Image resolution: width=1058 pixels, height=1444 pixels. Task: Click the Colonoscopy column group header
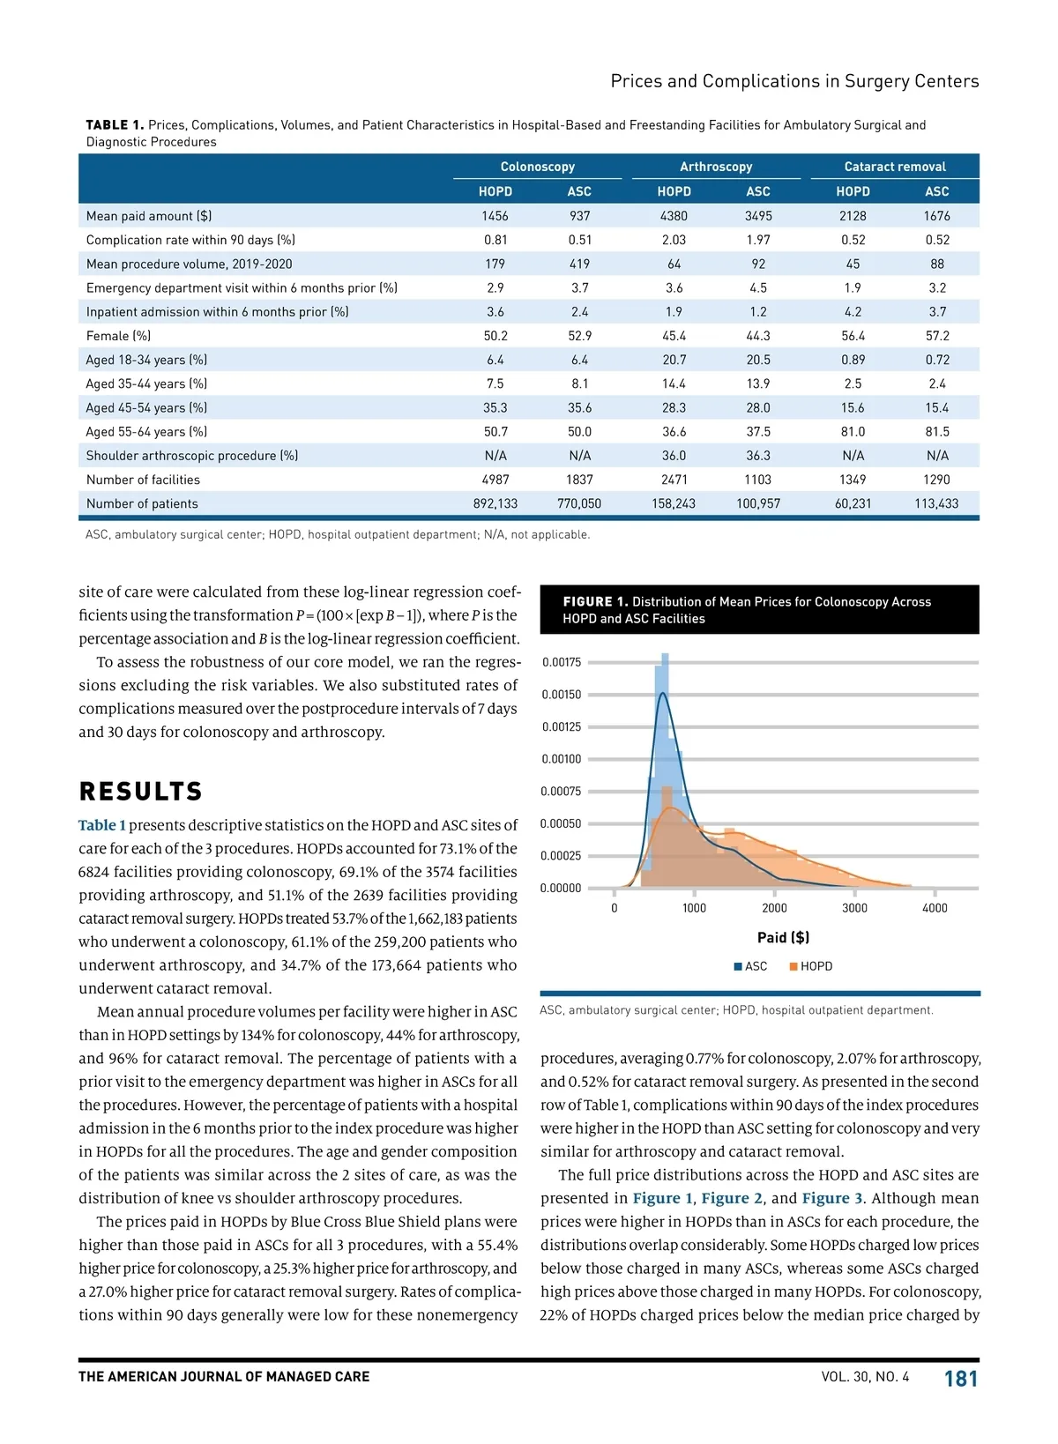point(537,167)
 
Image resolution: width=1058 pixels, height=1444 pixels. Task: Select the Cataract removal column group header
point(894,167)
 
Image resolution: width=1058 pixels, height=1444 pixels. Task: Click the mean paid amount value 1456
point(495,216)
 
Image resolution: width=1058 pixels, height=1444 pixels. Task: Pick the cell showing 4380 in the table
point(674,216)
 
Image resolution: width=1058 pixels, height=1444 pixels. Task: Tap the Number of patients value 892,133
point(495,503)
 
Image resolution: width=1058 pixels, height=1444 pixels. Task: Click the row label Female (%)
point(118,336)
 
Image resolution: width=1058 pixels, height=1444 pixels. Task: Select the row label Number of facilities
point(143,480)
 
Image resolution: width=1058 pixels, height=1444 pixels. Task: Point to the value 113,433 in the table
point(936,503)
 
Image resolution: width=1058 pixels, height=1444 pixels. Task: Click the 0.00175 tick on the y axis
point(561,662)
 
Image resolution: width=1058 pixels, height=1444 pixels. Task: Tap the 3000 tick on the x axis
point(854,908)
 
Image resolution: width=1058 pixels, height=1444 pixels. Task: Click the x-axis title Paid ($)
point(783,937)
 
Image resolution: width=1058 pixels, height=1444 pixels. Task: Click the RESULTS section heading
point(141,792)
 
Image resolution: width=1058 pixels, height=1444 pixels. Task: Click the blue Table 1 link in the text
point(102,825)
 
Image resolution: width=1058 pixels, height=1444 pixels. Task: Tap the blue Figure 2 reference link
point(732,1198)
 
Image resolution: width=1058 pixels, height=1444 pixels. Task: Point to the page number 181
point(961,1379)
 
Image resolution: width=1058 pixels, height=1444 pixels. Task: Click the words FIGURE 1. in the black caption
point(595,602)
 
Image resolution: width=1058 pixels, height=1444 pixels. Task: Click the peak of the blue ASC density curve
point(663,693)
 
